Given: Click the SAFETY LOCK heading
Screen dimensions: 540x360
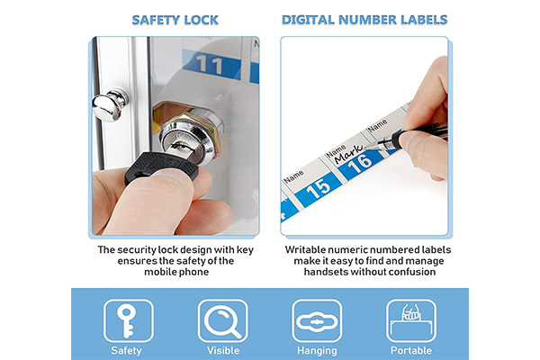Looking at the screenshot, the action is [175, 20].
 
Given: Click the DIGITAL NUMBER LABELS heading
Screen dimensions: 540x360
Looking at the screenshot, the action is [364, 20].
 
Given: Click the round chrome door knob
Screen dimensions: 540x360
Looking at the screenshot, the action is [110, 104].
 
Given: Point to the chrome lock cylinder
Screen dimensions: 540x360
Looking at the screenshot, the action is [189, 136].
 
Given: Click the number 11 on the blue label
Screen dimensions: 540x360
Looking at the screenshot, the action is [209, 65].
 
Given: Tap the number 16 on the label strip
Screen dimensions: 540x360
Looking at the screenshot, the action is [359, 163].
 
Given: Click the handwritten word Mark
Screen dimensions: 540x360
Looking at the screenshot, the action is [348, 154].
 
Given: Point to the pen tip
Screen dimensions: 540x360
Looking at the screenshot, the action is [365, 148].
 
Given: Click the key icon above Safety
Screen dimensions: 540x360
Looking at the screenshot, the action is [126, 320].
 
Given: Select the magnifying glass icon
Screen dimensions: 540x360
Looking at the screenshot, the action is [222, 321].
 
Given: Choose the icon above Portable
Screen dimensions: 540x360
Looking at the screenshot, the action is [411, 320].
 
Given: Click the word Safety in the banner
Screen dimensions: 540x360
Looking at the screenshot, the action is [126, 351].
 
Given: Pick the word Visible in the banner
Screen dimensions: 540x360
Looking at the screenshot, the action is [223, 351].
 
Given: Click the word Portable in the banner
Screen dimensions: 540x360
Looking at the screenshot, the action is [411, 351].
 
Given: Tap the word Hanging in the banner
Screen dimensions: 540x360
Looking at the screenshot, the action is [317, 351].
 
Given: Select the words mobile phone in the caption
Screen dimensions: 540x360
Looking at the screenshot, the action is [176, 272].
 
